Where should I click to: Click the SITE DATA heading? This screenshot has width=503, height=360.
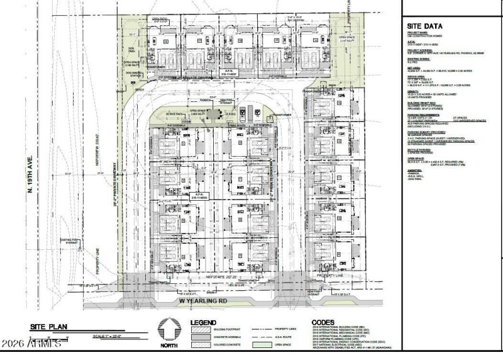pos(424,26)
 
